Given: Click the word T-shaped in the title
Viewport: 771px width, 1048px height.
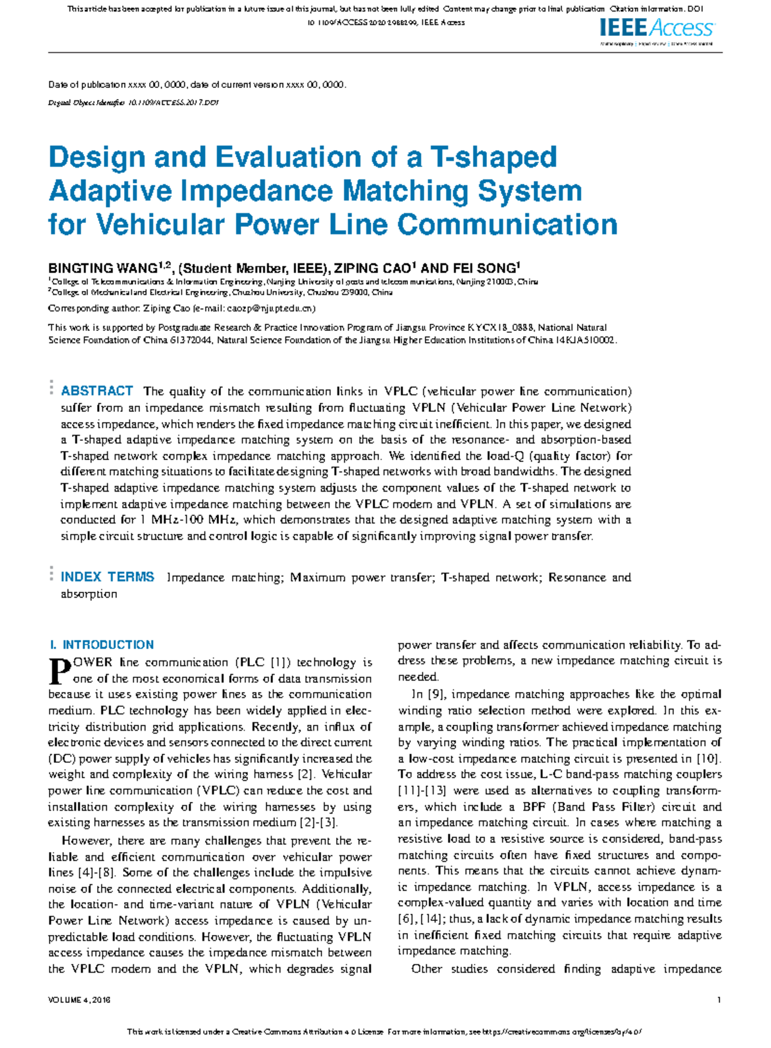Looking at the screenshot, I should tap(493, 157).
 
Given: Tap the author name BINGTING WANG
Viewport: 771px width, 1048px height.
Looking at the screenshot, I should tap(103, 269).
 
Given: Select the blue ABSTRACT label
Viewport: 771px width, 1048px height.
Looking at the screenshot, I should tap(96, 391).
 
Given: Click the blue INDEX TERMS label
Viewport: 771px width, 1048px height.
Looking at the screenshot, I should tap(107, 577).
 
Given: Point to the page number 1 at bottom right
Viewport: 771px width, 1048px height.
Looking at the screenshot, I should tap(719, 1000).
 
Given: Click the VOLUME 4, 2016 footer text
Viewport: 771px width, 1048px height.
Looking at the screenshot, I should tap(79, 1000).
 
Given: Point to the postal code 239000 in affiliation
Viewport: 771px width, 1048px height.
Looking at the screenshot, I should tap(355, 292).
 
